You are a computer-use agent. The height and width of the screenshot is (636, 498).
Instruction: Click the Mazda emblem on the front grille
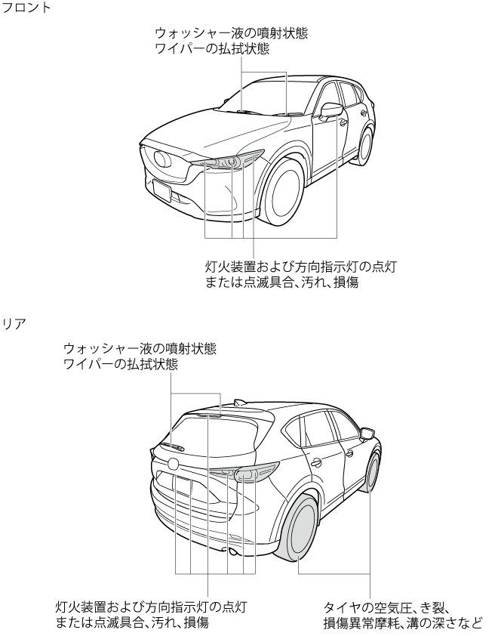(x=161, y=159)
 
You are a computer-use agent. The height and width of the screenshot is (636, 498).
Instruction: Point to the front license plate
(x=161, y=190)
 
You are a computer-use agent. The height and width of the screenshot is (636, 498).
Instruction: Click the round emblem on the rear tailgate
(x=173, y=463)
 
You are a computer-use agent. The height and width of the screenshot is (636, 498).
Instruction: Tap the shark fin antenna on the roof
(x=240, y=402)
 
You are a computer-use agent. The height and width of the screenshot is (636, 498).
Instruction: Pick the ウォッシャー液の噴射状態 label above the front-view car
(x=231, y=34)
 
